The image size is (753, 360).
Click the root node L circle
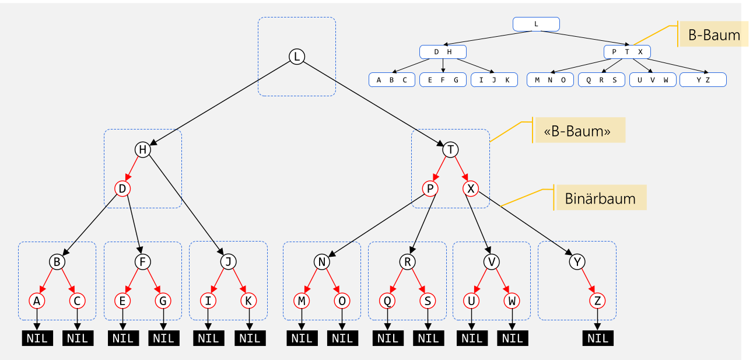pyautogui.click(x=297, y=57)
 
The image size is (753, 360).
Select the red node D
pyautogui.click(x=122, y=188)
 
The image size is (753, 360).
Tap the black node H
pyautogui.click(x=142, y=150)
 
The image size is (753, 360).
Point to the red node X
pyautogui.click(x=471, y=188)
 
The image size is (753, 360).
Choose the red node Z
pyautogui.click(x=597, y=300)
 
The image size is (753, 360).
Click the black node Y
pyautogui.click(x=577, y=262)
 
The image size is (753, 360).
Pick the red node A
pyautogui.click(x=37, y=300)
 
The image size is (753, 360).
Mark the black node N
pyautogui.click(x=321, y=262)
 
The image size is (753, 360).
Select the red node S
pyautogui.click(x=428, y=300)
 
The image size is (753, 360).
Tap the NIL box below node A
pyautogui.click(x=37, y=338)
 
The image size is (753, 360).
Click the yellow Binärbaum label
pyautogui.click(x=600, y=198)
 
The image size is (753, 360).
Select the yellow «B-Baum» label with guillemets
pyautogui.click(x=579, y=131)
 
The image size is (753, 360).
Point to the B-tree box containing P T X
pyautogui.click(x=627, y=52)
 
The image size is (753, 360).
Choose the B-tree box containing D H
pyautogui.click(x=443, y=52)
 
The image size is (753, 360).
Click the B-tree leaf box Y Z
pyautogui.click(x=703, y=80)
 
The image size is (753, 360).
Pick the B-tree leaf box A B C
pyautogui.click(x=391, y=80)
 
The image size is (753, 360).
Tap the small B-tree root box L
pyautogui.click(x=536, y=24)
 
